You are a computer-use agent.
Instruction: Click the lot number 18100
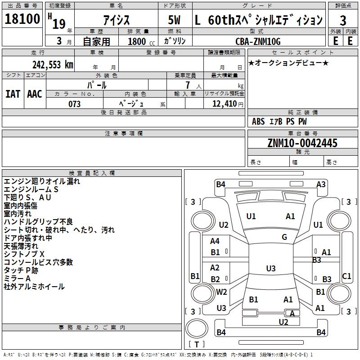point(22,19)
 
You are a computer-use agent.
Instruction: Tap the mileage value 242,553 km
point(53,65)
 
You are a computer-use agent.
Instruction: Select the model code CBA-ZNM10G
point(258,41)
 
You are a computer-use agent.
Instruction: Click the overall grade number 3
point(343,20)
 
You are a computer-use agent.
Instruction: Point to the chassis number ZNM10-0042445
point(302,143)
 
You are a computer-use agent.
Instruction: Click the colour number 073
point(74,104)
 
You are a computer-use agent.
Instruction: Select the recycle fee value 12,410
point(224,104)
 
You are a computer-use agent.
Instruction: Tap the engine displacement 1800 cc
point(141,42)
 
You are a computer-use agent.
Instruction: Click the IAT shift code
point(13,94)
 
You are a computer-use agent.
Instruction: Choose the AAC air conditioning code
point(35,94)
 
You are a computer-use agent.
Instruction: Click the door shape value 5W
point(174,20)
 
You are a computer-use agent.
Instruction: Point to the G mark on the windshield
point(284,237)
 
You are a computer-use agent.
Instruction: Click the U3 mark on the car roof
point(271,268)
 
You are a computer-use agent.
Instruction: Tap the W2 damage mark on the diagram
point(221,292)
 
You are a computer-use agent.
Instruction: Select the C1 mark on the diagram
point(346,276)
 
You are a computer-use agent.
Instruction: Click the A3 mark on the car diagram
point(321,184)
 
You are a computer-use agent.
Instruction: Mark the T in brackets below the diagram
point(197,344)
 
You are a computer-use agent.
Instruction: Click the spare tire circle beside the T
point(197,328)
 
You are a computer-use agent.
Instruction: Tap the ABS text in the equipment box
point(258,121)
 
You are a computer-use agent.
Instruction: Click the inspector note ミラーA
point(17,279)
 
